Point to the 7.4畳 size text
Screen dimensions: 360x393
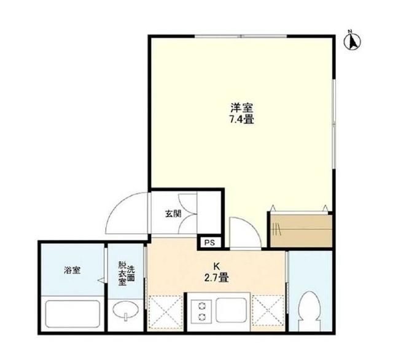point(241,120)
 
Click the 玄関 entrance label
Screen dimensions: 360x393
point(173,214)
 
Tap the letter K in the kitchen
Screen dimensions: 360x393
point(216,267)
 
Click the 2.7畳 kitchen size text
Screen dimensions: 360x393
point(216,278)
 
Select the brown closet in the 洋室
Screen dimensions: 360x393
point(300,229)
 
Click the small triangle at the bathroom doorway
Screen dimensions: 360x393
point(99,280)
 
